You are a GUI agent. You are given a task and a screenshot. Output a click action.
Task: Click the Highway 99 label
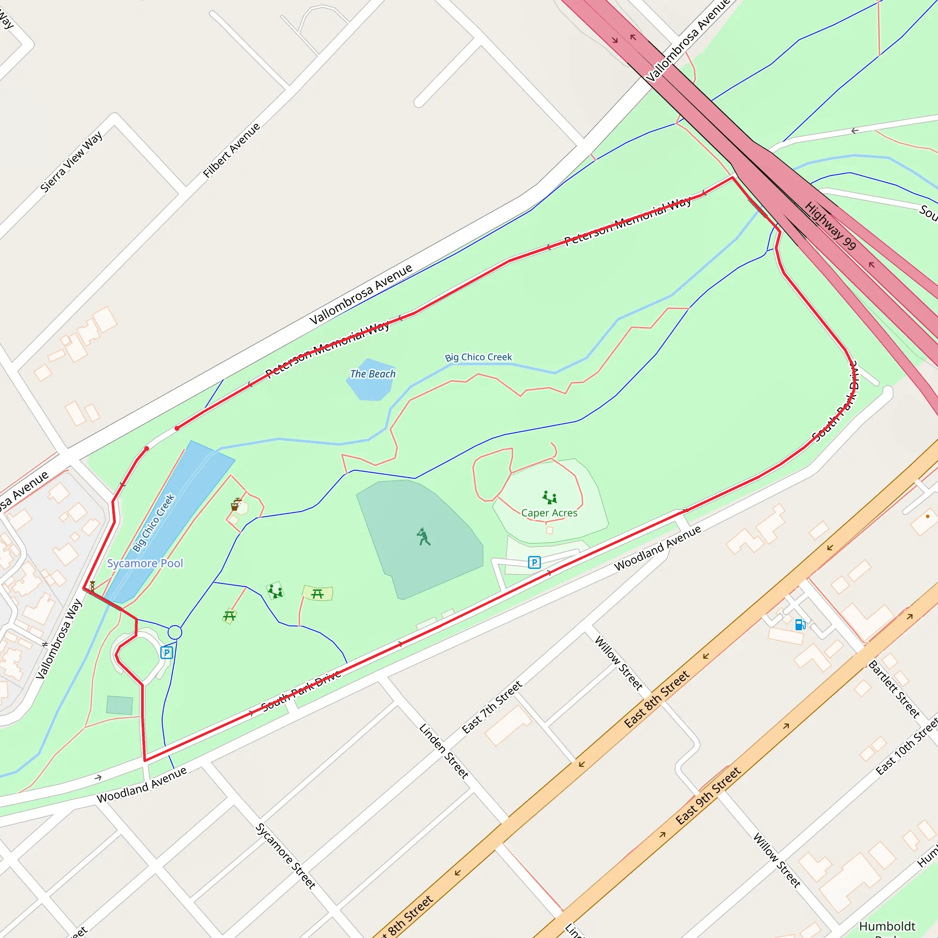(x=830, y=226)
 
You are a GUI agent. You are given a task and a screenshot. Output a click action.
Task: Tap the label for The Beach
(x=372, y=374)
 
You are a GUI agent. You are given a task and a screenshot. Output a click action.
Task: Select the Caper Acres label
(x=549, y=513)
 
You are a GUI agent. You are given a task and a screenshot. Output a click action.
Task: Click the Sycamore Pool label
(x=145, y=563)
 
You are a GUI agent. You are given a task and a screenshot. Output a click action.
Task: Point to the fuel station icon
(x=800, y=624)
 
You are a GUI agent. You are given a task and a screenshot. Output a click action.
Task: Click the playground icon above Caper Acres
(x=550, y=497)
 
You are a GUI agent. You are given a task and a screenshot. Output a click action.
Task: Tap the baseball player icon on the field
(x=423, y=536)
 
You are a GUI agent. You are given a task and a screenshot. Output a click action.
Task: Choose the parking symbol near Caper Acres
(x=534, y=562)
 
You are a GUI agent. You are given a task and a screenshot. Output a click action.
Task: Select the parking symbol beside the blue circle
(x=167, y=653)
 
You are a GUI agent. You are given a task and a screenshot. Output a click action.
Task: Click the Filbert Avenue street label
(x=232, y=150)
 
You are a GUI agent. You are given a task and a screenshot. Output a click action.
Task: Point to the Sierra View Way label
(x=71, y=161)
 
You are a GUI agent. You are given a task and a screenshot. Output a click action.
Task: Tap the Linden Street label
(x=443, y=751)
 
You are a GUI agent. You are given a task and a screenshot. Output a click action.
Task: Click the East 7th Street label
(x=492, y=707)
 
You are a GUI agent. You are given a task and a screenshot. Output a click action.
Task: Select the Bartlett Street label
(x=894, y=689)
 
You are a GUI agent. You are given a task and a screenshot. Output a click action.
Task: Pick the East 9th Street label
(x=708, y=796)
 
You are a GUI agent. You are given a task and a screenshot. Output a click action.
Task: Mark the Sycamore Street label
(x=285, y=856)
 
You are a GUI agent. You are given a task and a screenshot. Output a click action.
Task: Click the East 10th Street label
(x=906, y=747)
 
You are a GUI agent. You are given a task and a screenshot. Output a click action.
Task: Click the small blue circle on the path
(x=175, y=632)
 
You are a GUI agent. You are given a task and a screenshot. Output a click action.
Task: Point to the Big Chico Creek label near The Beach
(x=479, y=357)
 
